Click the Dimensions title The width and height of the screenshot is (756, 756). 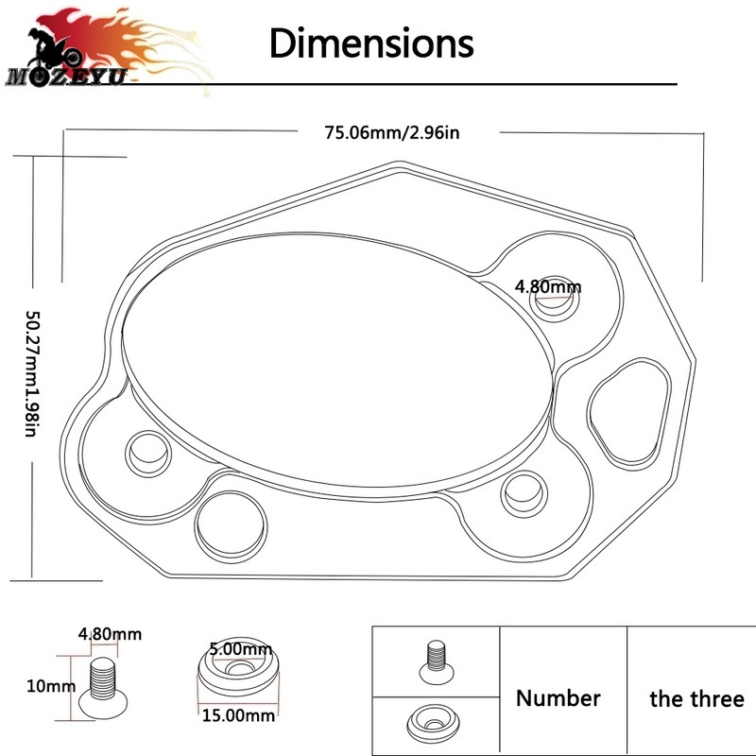pyautogui.click(x=371, y=43)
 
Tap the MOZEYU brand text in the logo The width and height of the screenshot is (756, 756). pyautogui.click(x=66, y=77)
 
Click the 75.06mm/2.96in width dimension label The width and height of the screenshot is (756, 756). pyautogui.click(x=392, y=132)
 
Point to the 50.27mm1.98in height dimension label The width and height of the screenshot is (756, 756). pyautogui.click(x=32, y=374)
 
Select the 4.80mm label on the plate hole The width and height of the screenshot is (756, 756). pyautogui.click(x=548, y=287)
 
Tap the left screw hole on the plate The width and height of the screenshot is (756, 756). pyautogui.click(x=148, y=454)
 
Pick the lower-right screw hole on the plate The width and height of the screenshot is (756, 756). pyautogui.click(x=524, y=493)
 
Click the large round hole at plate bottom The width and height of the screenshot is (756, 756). pyautogui.click(x=231, y=526)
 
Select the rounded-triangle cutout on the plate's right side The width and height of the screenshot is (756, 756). pyautogui.click(x=629, y=413)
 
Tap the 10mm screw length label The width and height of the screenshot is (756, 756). pyautogui.click(x=51, y=686)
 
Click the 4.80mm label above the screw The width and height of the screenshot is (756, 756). pyautogui.click(x=110, y=634)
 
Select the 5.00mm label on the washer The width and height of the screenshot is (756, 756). pyautogui.click(x=241, y=649)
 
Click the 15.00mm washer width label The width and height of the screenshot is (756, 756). pyautogui.click(x=238, y=715)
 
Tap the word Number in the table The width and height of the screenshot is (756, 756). pyautogui.click(x=558, y=698)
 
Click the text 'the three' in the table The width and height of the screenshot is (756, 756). pyautogui.click(x=696, y=698)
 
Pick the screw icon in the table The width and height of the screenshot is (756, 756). pyautogui.click(x=436, y=661)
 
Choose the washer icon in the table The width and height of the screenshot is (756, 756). pyautogui.click(x=433, y=722)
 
